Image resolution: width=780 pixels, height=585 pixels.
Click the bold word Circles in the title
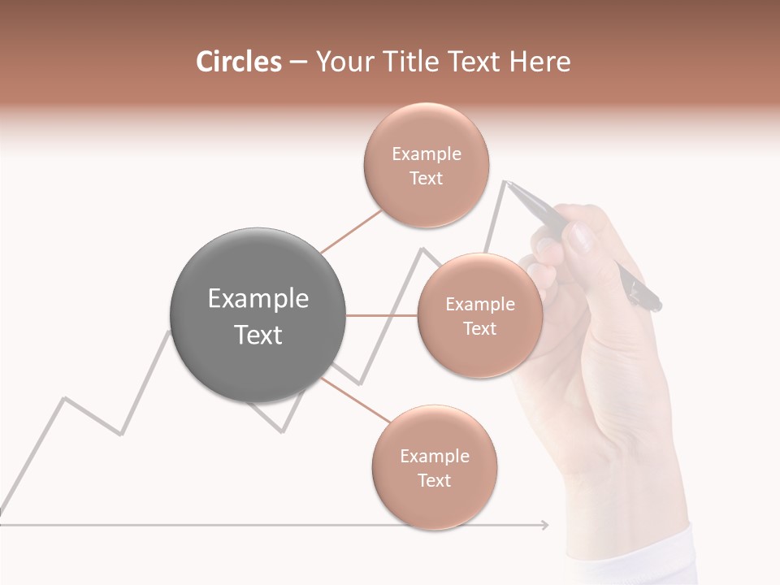click(x=238, y=62)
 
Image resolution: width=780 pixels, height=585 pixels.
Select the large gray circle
click(x=258, y=315)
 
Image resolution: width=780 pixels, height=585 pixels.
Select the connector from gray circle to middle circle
click(x=382, y=315)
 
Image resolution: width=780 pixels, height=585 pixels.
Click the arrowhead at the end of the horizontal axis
click(x=544, y=525)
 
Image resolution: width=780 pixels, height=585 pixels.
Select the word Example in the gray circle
click(x=258, y=299)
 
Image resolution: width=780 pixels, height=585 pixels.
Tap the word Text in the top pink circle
click(x=426, y=178)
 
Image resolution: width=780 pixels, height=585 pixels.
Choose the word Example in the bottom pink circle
click(x=434, y=456)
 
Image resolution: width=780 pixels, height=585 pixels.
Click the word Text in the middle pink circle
click(x=479, y=328)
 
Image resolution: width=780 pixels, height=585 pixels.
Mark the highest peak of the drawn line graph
click(x=505, y=181)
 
